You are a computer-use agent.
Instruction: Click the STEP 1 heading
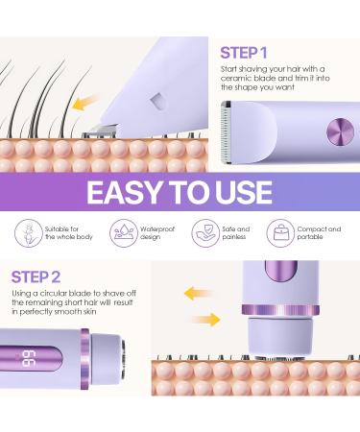pyautogui.click(x=246, y=52)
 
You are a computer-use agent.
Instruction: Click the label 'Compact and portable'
pyautogui.click(x=327, y=235)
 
